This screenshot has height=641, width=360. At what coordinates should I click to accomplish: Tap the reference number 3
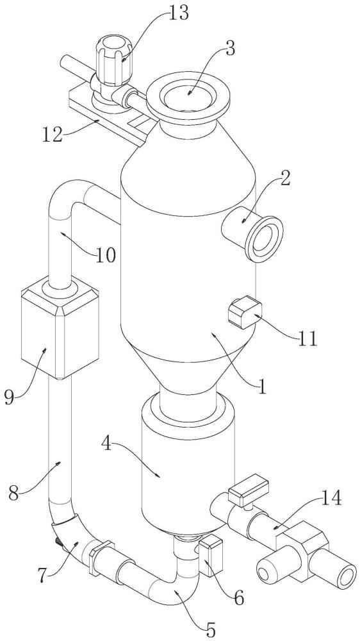tap(230, 49)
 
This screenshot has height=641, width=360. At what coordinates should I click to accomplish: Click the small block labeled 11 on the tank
tap(244, 313)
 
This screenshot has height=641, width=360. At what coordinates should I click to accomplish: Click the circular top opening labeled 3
tap(188, 95)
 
